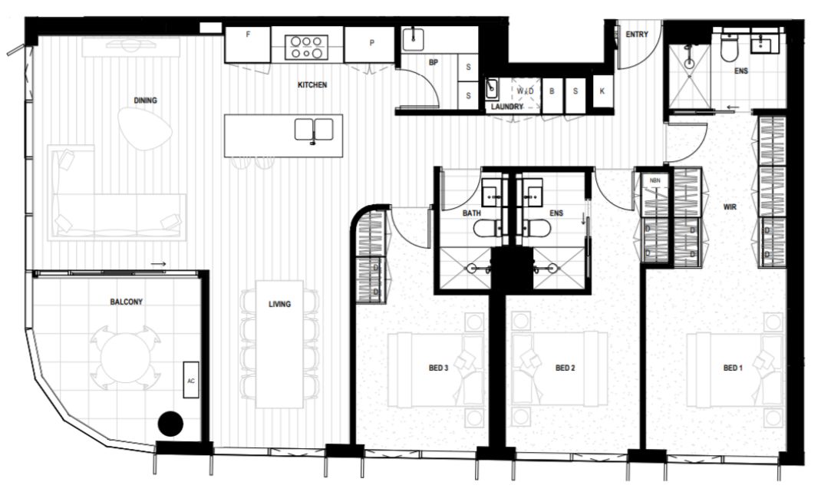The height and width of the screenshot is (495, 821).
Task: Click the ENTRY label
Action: [x=637, y=35]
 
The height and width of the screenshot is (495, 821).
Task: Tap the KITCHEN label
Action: [x=312, y=85]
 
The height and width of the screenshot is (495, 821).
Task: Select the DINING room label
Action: [x=145, y=101]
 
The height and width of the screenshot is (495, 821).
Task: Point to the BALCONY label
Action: [x=126, y=302]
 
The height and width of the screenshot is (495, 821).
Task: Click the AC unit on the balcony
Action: [x=190, y=379]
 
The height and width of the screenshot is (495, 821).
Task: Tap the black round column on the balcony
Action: [x=170, y=423]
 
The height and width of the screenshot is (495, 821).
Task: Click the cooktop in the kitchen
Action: [x=307, y=47]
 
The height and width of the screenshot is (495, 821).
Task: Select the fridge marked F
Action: [x=248, y=45]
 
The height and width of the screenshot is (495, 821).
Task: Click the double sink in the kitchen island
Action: [x=314, y=130]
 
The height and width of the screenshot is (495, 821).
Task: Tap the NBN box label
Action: [x=655, y=180]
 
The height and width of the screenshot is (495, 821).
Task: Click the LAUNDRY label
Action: [x=507, y=107]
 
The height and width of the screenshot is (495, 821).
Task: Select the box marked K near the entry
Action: [x=602, y=91]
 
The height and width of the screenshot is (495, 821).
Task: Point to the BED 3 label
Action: [x=438, y=368]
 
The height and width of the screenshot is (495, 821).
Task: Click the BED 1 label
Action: [x=733, y=368]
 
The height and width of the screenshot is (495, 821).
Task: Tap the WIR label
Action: [x=730, y=207]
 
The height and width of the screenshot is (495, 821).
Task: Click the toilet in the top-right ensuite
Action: [x=728, y=47]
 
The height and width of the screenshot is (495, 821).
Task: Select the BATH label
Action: [x=472, y=213]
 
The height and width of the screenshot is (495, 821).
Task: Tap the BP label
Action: [x=433, y=62]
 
